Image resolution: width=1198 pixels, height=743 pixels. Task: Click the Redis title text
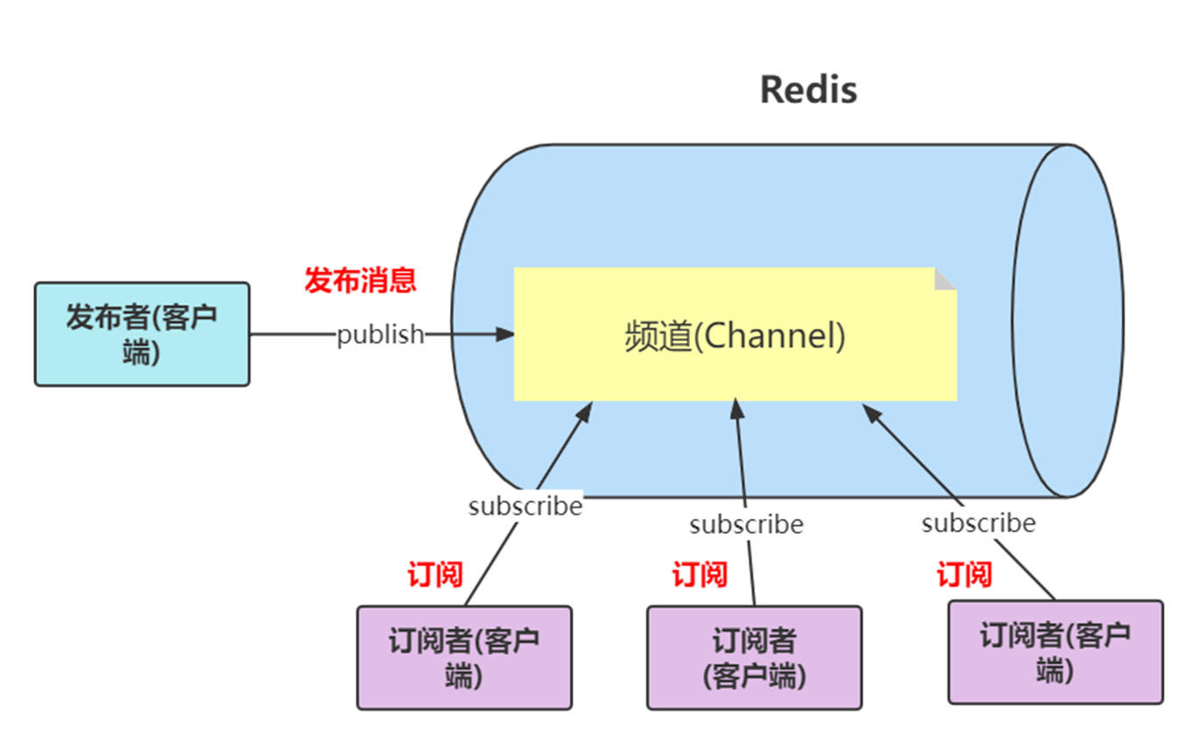(x=808, y=89)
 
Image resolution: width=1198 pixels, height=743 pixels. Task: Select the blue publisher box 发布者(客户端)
(x=142, y=333)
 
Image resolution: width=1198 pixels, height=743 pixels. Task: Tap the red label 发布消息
(x=360, y=280)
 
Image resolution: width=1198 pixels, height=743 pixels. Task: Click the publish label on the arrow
(x=380, y=333)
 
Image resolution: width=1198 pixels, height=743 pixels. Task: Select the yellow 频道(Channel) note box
(x=735, y=335)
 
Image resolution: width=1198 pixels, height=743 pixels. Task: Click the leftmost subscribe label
(x=525, y=506)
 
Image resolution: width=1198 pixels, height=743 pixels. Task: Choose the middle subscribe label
(x=745, y=523)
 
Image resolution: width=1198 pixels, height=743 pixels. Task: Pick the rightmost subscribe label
(x=978, y=522)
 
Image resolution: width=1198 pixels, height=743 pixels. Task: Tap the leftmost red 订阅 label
(x=434, y=575)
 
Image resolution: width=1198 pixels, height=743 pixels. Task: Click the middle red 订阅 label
(x=700, y=575)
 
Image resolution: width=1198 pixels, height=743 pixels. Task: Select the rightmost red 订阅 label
(x=964, y=575)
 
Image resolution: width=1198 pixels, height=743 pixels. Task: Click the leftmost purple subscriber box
(x=464, y=657)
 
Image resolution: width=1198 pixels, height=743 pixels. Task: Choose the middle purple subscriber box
(x=754, y=657)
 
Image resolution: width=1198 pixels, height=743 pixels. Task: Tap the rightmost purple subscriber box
(x=1055, y=652)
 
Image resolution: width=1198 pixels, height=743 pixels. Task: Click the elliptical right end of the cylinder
(x=1067, y=321)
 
